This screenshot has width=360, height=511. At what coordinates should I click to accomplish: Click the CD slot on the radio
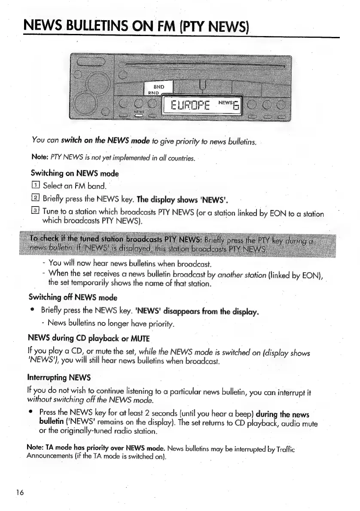coord(202,66)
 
